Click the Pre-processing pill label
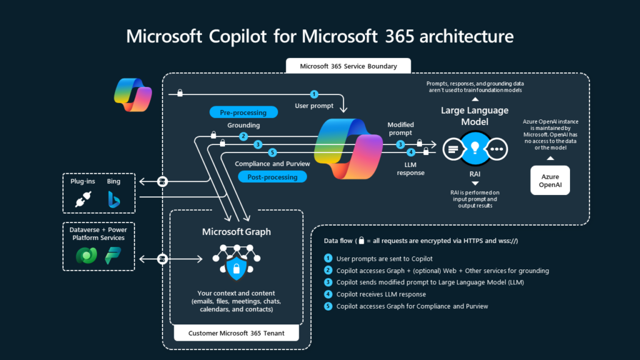pos(243,112)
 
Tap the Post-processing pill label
pos(272,177)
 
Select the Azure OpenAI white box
pos(550,181)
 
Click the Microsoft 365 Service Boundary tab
pos(341,66)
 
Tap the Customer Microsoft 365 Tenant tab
pos(236,333)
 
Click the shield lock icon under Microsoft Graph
pos(236,269)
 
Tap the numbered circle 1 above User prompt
pos(314,94)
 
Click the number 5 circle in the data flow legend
pos(329,306)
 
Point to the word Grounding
pos(244,125)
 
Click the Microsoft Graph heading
pos(236,232)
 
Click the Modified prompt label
pos(401,129)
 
